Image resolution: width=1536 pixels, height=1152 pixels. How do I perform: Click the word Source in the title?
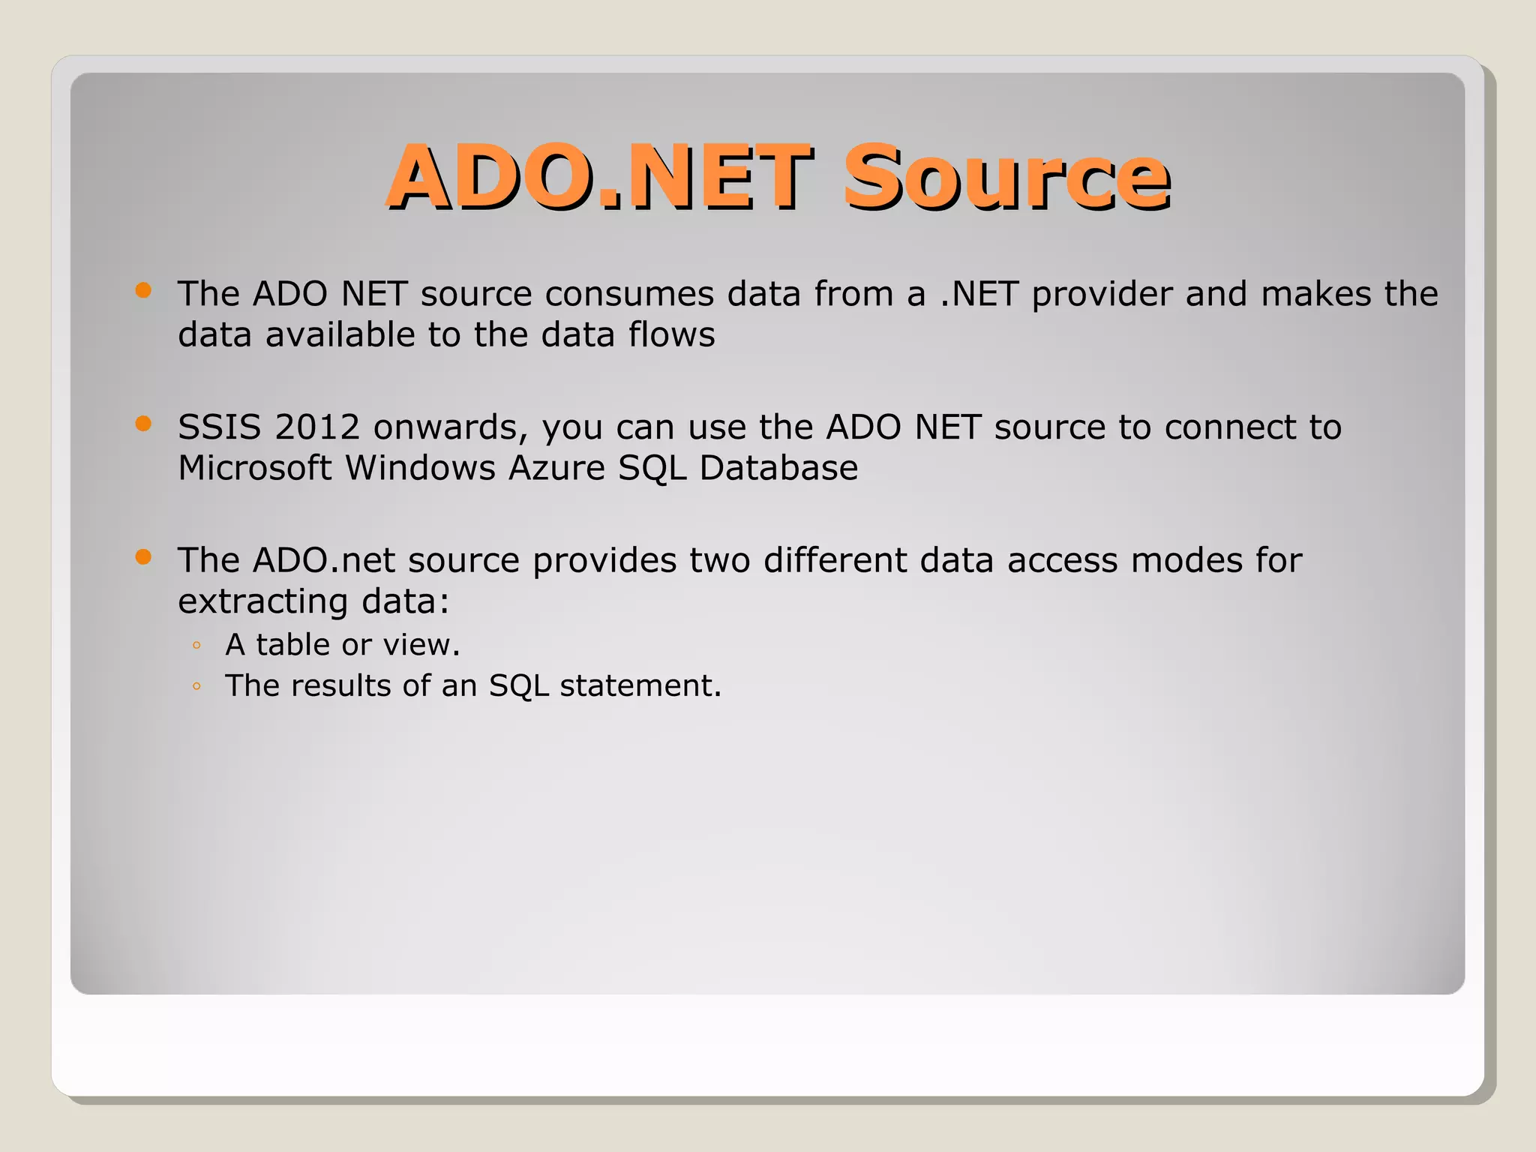click(x=1006, y=178)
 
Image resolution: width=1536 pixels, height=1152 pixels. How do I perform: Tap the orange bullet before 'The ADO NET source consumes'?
click(x=143, y=290)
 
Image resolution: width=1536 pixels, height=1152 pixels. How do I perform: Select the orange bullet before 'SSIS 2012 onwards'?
click(x=143, y=424)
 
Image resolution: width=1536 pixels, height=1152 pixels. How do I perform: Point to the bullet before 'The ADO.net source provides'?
click(x=143, y=556)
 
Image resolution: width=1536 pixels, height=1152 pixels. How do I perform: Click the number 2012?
click(x=317, y=427)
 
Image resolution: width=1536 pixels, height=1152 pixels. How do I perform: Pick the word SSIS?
click(x=220, y=427)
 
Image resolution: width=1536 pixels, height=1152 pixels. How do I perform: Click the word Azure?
click(x=556, y=469)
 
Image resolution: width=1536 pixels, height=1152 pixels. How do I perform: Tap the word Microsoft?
click(x=255, y=469)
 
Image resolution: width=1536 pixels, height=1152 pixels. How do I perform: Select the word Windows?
click(x=420, y=469)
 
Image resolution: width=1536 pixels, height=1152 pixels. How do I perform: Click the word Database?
click(x=778, y=469)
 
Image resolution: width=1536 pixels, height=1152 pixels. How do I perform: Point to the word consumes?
click(x=629, y=294)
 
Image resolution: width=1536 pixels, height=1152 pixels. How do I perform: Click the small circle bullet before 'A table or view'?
click(x=196, y=645)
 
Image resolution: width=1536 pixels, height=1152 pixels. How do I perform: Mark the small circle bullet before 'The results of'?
click(x=196, y=685)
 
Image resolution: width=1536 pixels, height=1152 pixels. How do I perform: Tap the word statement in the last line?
click(x=640, y=685)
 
